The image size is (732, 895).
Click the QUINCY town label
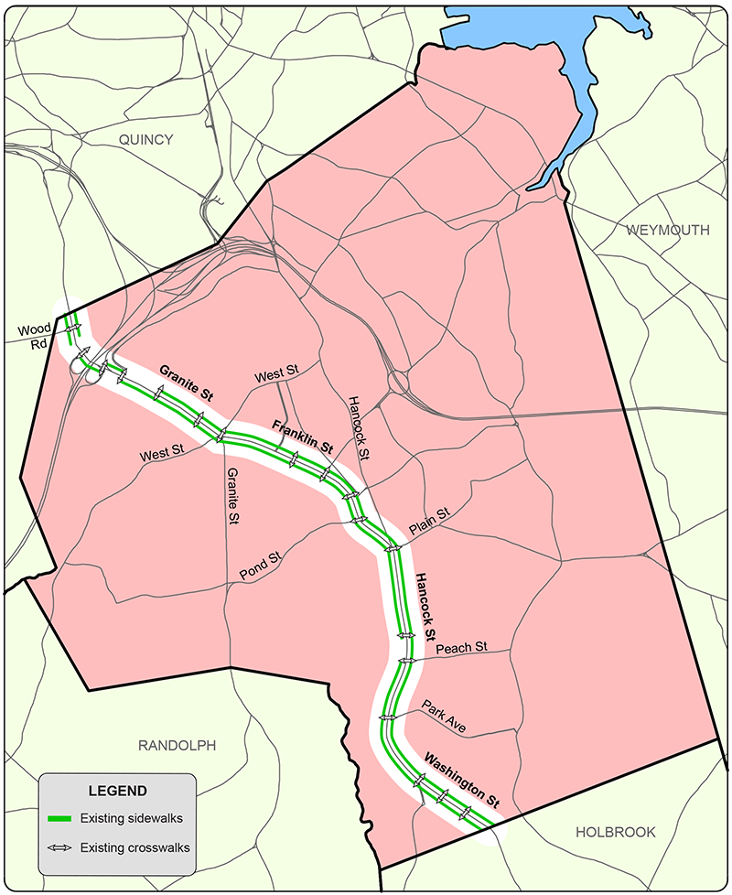(145, 139)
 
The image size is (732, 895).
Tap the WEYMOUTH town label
(668, 231)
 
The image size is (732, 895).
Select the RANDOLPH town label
(177, 745)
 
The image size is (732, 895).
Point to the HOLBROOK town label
(616, 832)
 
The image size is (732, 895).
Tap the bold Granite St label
(186, 384)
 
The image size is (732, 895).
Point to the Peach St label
(461, 648)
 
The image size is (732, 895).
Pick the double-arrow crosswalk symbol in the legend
(59, 848)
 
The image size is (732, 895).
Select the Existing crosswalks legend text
(135, 848)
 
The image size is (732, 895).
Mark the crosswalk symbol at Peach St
(406, 659)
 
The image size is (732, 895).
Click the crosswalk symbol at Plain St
(393, 549)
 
